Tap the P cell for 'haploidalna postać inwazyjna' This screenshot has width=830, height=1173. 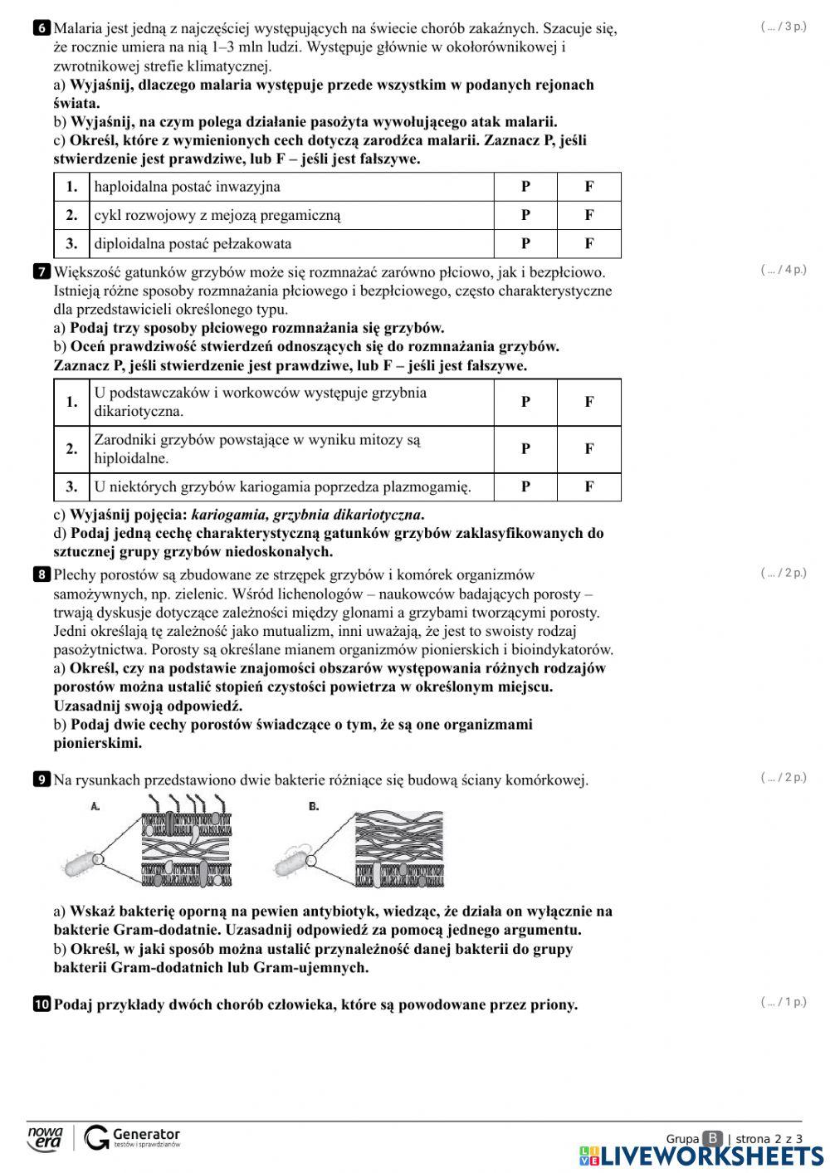[x=525, y=187]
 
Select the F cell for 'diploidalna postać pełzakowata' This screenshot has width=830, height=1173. [x=589, y=243]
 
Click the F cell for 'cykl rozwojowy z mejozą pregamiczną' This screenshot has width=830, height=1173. [x=589, y=215]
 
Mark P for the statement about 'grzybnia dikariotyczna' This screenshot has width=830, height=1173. [x=525, y=402]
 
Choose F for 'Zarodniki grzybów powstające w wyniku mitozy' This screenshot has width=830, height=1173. [x=589, y=449]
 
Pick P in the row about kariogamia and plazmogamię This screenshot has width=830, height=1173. [x=525, y=486]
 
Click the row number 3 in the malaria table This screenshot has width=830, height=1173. [x=72, y=243]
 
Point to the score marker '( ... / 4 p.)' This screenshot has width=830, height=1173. [x=783, y=270]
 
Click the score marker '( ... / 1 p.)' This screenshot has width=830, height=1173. [x=783, y=1002]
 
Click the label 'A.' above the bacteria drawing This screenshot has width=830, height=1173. [x=95, y=806]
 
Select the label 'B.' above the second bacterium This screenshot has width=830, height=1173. [x=314, y=806]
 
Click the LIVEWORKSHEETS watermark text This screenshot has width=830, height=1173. [x=711, y=1156]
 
